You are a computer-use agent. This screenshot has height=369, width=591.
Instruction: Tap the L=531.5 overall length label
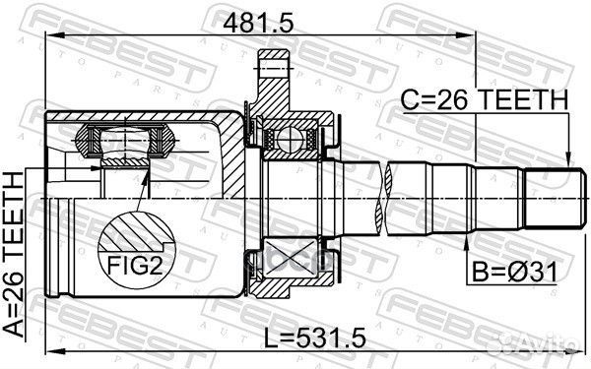pyautogui.click(x=314, y=338)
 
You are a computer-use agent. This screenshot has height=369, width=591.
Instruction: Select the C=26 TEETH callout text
pyautogui.click(x=484, y=99)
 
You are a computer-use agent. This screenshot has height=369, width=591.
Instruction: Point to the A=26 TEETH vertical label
pyautogui.click(x=14, y=255)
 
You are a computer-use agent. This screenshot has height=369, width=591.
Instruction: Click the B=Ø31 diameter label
pyautogui.click(x=514, y=273)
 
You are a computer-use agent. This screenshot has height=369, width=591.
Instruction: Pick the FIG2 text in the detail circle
pyautogui.click(x=135, y=265)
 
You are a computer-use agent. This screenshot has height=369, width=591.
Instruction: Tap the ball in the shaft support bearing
pyautogui.click(x=288, y=140)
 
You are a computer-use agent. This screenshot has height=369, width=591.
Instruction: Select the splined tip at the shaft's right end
pyautogui.click(x=554, y=199)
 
